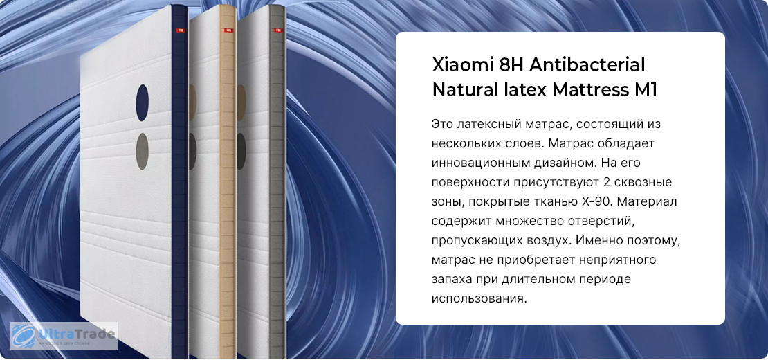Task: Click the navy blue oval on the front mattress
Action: [142, 103]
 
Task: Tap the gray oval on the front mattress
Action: [142, 152]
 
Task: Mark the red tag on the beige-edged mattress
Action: [228, 30]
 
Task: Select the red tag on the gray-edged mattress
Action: [277, 30]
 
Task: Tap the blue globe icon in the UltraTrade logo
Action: [24, 336]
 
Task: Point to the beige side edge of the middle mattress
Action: [227, 181]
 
